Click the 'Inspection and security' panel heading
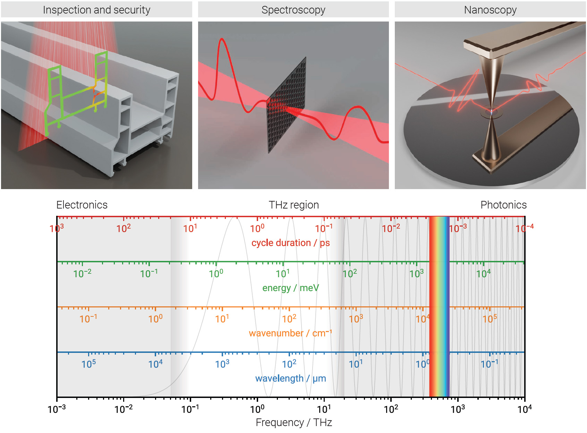coord(96,10)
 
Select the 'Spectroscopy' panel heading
coord(293,10)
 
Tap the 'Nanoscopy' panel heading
coord(490,10)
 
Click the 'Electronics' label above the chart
coord(82,205)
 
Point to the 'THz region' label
coord(293,205)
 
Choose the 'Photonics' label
coord(503,205)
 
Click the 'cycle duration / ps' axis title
coord(290,243)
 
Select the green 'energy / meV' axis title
coord(290,288)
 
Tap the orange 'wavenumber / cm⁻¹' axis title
coord(290,333)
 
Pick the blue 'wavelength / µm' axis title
coord(290,378)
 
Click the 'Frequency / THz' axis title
coord(293,422)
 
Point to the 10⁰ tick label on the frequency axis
coord(257,409)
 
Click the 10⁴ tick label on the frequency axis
coord(524,409)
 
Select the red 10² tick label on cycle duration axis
coord(124,228)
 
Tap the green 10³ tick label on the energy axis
coord(416,274)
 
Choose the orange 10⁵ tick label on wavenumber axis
coord(490,319)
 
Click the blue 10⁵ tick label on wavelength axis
coord(88,364)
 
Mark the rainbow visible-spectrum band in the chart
coord(439,305)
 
